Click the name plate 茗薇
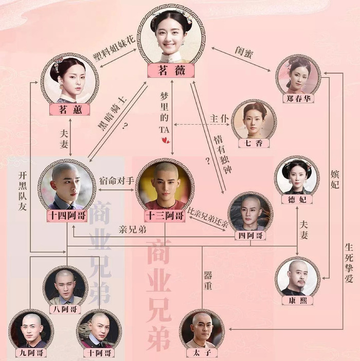pyautogui.click(x=171, y=71)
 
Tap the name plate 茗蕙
pyautogui.click(x=69, y=109)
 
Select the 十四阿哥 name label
pyautogui.click(x=67, y=216)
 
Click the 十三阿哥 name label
pyautogui.click(x=165, y=216)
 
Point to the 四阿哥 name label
pyautogui.click(x=250, y=235)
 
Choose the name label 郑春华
pyautogui.click(x=298, y=98)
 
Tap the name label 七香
pyautogui.click(x=254, y=143)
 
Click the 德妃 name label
pyautogui.click(x=297, y=199)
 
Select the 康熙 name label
pyautogui.click(x=297, y=300)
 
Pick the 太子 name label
pyautogui.click(x=202, y=352)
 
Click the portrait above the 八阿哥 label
pyautogui.click(x=65, y=287)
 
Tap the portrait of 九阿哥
pyautogui.click(x=31, y=330)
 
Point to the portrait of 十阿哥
pyautogui.click(x=99, y=330)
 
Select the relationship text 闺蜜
pyautogui.click(x=244, y=53)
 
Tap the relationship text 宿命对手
pyautogui.click(x=117, y=181)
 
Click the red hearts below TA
pyautogui.click(x=165, y=140)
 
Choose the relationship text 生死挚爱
pyautogui.click(x=349, y=263)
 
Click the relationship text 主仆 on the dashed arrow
pyautogui.click(x=219, y=119)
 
